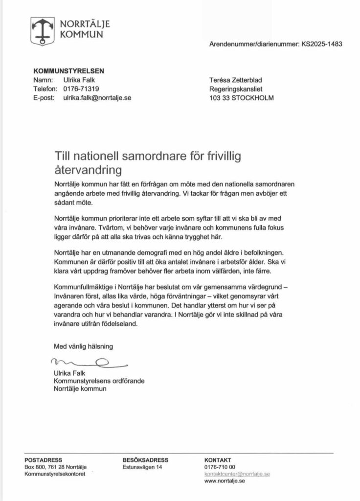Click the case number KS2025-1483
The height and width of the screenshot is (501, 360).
click(x=321, y=44)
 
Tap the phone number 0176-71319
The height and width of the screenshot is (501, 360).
click(x=81, y=89)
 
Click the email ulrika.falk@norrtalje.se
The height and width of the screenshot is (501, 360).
click(x=97, y=98)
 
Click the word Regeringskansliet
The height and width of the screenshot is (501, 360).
click(x=236, y=89)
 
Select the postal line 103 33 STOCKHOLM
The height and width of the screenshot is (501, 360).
click(x=241, y=98)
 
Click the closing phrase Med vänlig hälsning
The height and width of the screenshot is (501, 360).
click(x=83, y=346)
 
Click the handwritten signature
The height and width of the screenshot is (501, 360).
click(x=88, y=363)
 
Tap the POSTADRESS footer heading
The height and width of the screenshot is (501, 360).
click(x=43, y=460)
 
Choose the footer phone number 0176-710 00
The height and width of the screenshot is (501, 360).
click(x=220, y=467)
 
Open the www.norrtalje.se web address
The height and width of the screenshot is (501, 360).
click(x=225, y=481)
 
